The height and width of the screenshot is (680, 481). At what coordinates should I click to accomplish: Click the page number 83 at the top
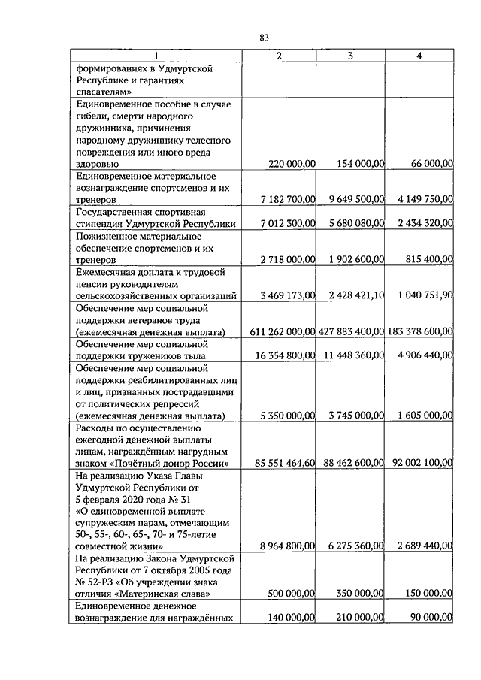click(x=264, y=38)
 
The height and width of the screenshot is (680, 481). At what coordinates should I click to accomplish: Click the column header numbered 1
click(x=156, y=56)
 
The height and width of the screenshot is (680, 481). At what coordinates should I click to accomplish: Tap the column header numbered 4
click(x=419, y=56)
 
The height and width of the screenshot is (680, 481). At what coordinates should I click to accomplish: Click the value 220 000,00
click(x=292, y=163)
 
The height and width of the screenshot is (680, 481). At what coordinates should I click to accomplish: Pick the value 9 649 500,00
click(x=357, y=199)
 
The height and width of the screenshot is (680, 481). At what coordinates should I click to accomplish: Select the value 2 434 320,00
click(x=422, y=223)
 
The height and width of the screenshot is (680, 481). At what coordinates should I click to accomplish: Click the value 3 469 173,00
click(x=288, y=295)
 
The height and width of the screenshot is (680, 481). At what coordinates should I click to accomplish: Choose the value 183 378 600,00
click(x=421, y=331)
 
